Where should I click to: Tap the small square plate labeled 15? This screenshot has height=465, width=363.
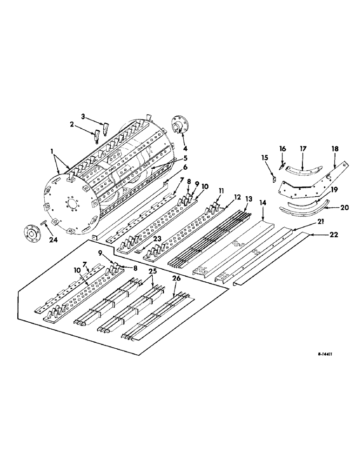click(275, 177)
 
